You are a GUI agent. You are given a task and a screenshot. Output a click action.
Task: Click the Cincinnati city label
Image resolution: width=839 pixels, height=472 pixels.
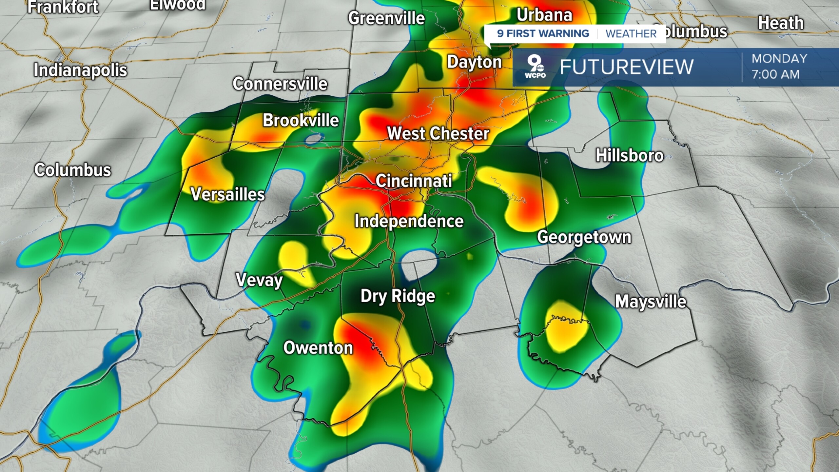pos(414,181)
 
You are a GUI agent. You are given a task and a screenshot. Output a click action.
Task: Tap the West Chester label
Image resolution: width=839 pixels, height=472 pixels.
pos(438,133)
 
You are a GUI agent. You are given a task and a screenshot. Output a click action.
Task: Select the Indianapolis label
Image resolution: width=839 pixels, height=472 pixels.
pos(80,70)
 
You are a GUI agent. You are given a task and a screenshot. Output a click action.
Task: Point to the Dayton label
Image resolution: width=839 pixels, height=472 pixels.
pos(474,62)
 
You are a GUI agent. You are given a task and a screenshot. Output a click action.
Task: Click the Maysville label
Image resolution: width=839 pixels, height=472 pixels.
pos(651,302)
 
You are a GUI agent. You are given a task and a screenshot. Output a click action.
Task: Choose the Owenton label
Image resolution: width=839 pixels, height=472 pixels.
pos(318,348)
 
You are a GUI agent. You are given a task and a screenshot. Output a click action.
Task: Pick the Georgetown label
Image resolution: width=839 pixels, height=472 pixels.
pos(584,237)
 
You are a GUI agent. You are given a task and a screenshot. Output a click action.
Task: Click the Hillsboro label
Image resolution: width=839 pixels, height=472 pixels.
pos(630,155)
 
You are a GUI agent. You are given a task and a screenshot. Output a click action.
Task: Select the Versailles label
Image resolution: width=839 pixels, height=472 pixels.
pos(227,194)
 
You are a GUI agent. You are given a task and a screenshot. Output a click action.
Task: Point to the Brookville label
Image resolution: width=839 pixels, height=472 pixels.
pos(301,120)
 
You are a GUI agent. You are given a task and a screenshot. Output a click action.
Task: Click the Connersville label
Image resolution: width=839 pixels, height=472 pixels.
pos(280,84)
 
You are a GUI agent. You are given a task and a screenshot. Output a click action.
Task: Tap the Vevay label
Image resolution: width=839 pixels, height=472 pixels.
pos(259,280)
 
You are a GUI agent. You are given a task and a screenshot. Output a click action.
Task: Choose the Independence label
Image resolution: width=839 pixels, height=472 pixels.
pos(409,222)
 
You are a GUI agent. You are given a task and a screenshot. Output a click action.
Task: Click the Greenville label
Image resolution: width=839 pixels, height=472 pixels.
pos(386,18)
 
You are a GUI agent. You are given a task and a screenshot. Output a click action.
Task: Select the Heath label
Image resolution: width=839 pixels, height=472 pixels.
pos(781,23)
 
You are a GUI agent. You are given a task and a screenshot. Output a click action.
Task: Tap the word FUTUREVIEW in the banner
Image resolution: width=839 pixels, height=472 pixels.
pos(627,67)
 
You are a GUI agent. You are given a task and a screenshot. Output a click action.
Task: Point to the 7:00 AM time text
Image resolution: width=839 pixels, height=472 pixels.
pos(775,74)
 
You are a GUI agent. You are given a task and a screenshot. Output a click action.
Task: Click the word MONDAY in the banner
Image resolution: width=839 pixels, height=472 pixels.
pos(779,59)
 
